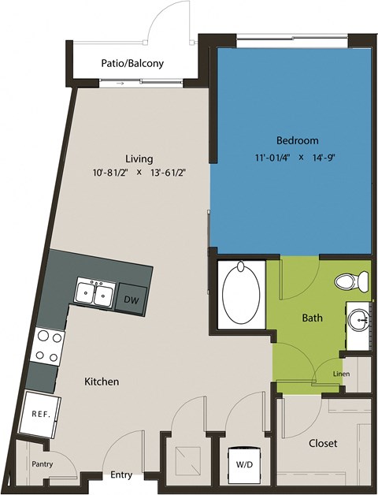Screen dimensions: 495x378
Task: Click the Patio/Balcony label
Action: coord(132,63)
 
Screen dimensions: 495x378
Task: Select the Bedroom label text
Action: coord(297,140)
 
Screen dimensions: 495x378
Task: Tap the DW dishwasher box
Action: coord(131,300)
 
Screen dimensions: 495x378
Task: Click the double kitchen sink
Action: coord(94,293)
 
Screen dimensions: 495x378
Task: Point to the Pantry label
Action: coord(42,464)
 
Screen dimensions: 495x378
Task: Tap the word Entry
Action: coord(121,475)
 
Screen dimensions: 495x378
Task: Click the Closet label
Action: coord(323,442)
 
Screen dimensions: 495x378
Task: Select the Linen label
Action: coord(341,374)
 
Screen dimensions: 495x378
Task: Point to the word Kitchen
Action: coord(102,381)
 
